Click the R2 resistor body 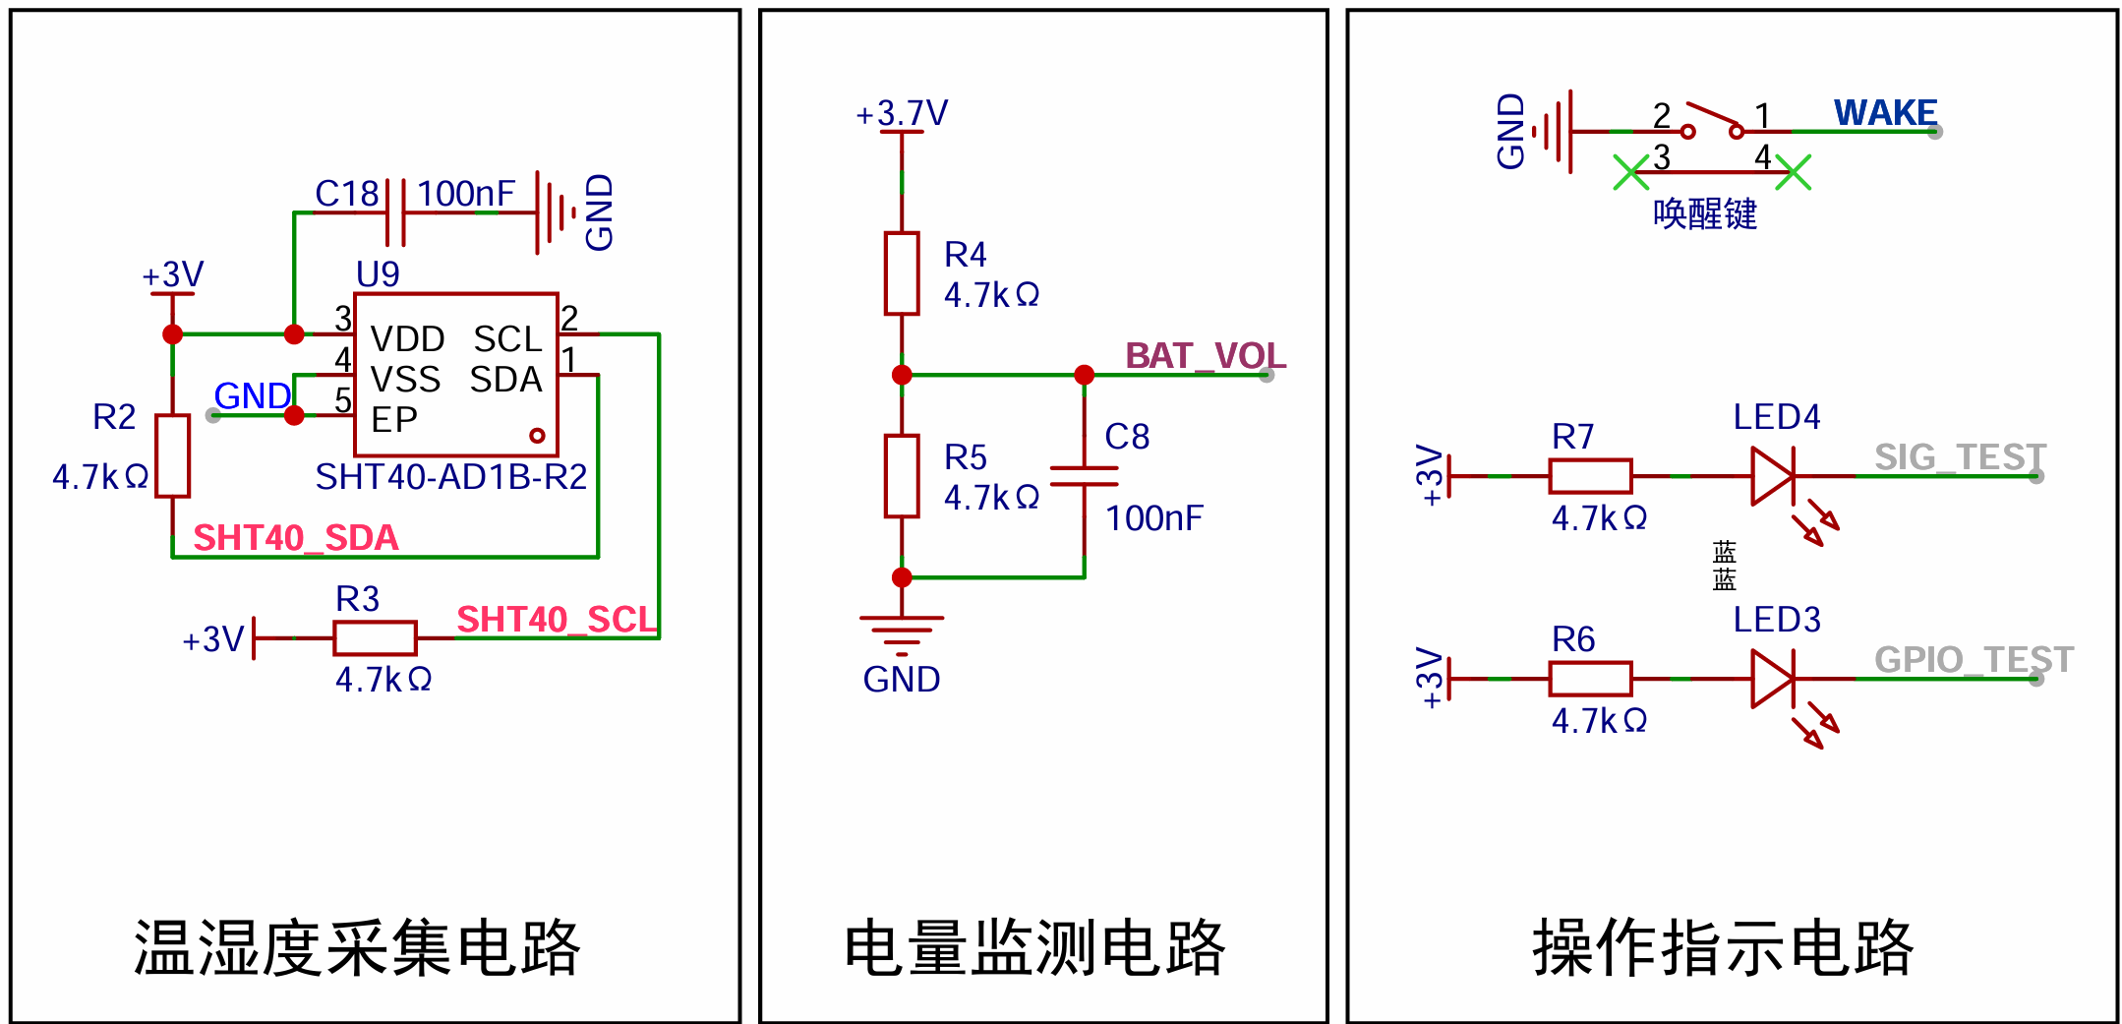tap(172, 455)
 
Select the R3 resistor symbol tap(375, 637)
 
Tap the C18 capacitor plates tap(395, 212)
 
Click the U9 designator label tap(378, 273)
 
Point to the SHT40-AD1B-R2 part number tap(450, 477)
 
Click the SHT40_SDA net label tap(296, 538)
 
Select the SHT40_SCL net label tap(557, 620)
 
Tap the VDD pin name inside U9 tap(407, 339)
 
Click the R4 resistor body tap(902, 273)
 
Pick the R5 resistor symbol tap(902, 476)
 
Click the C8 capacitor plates tap(1084, 476)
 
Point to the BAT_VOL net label tap(1206, 355)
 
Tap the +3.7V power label tap(902, 113)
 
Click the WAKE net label tap(1885, 113)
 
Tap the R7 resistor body tap(1590, 476)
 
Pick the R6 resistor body tap(1590, 679)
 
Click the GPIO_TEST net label tap(1974, 659)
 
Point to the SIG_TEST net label tap(1960, 457)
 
